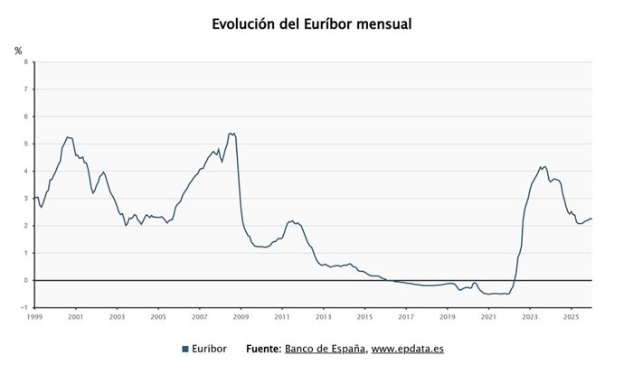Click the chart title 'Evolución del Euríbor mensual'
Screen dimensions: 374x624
pos(312,24)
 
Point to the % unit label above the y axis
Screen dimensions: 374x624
pos(18,51)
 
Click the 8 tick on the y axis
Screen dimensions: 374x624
pos(25,62)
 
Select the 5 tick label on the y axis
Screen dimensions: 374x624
pos(25,144)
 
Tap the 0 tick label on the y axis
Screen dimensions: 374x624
pos(25,280)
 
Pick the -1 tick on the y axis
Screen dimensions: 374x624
pos(24,307)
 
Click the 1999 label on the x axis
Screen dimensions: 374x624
pos(34,317)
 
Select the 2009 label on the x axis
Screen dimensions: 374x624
pos(241,317)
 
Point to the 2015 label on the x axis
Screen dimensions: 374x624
pos(364,317)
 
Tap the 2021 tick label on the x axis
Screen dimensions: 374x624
pos(488,317)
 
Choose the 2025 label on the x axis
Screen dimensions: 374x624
pos(571,317)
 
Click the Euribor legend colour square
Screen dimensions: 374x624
pos(185,349)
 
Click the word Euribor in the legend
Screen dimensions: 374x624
pos(211,349)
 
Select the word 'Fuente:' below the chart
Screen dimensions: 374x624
pos(263,349)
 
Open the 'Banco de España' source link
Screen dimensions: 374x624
pos(325,349)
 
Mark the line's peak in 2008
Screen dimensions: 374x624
pos(232,133)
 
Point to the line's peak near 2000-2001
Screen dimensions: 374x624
pos(67,137)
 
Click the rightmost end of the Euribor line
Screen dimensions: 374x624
pos(591,219)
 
